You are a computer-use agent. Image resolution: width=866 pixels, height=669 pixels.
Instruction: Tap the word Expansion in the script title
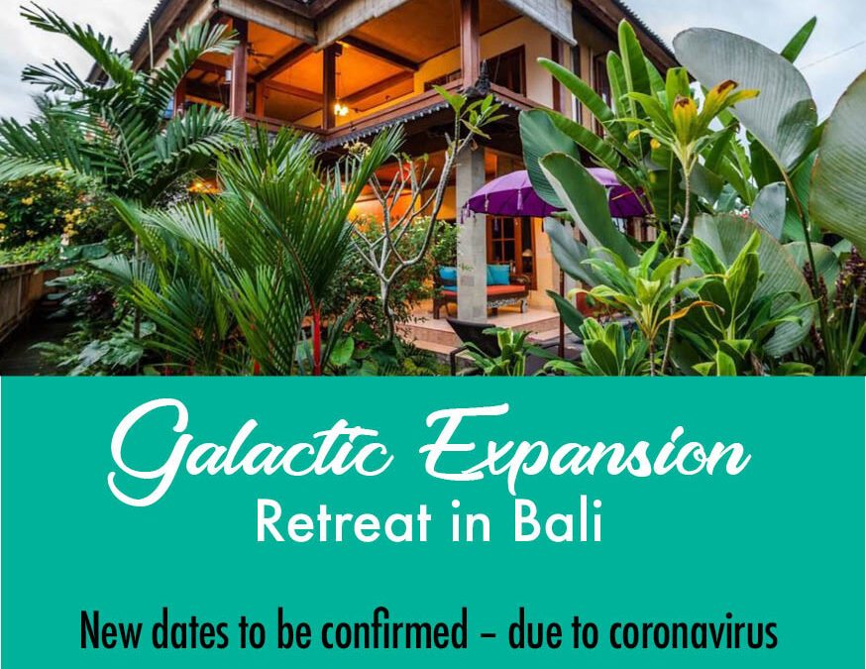click(x=586, y=447)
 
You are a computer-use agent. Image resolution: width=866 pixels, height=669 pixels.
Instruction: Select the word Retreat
click(x=344, y=521)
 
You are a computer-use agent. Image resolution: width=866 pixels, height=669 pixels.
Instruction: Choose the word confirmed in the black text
click(x=394, y=629)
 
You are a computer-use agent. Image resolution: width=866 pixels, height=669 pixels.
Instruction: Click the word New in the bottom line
click(x=110, y=630)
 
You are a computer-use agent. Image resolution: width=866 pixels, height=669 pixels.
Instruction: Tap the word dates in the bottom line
click(x=189, y=630)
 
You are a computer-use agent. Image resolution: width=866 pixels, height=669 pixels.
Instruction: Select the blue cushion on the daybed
click(x=498, y=275)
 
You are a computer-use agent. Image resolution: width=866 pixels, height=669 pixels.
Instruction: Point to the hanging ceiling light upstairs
click(x=341, y=109)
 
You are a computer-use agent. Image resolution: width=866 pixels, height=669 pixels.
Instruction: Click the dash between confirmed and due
click(x=487, y=633)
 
